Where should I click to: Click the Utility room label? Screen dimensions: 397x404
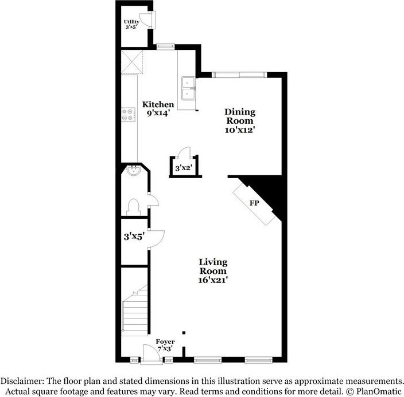132,24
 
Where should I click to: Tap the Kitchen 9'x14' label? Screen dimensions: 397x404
158,109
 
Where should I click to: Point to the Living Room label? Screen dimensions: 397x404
213,271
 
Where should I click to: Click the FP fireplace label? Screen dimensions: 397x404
253,203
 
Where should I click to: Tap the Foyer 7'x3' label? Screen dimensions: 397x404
165,345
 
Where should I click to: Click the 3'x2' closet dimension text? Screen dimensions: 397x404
182,168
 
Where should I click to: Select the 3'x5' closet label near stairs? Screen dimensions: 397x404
134,234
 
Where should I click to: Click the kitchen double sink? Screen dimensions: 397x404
188,88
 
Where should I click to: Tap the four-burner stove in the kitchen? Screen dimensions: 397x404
128,115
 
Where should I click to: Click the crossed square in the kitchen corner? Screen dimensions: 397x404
131,61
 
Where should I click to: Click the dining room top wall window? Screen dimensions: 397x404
239,73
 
